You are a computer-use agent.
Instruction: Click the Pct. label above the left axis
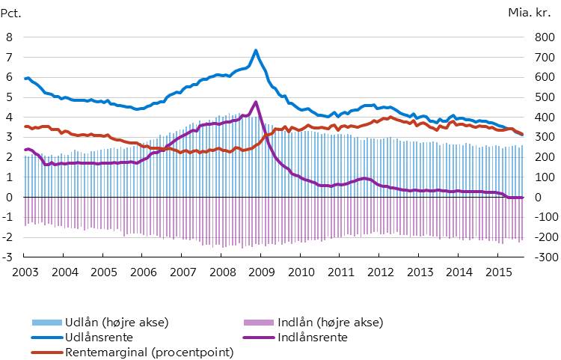(x=13, y=12)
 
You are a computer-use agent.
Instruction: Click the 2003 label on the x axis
(x=25, y=272)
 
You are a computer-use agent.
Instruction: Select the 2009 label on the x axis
(x=261, y=272)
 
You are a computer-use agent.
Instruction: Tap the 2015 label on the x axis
(x=497, y=272)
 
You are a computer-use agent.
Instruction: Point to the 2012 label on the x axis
(x=379, y=272)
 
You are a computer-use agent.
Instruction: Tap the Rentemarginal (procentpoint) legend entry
(x=150, y=352)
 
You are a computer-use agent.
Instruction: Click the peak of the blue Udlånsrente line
(x=256, y=51)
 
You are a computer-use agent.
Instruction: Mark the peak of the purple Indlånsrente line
(x=256, y=102)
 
